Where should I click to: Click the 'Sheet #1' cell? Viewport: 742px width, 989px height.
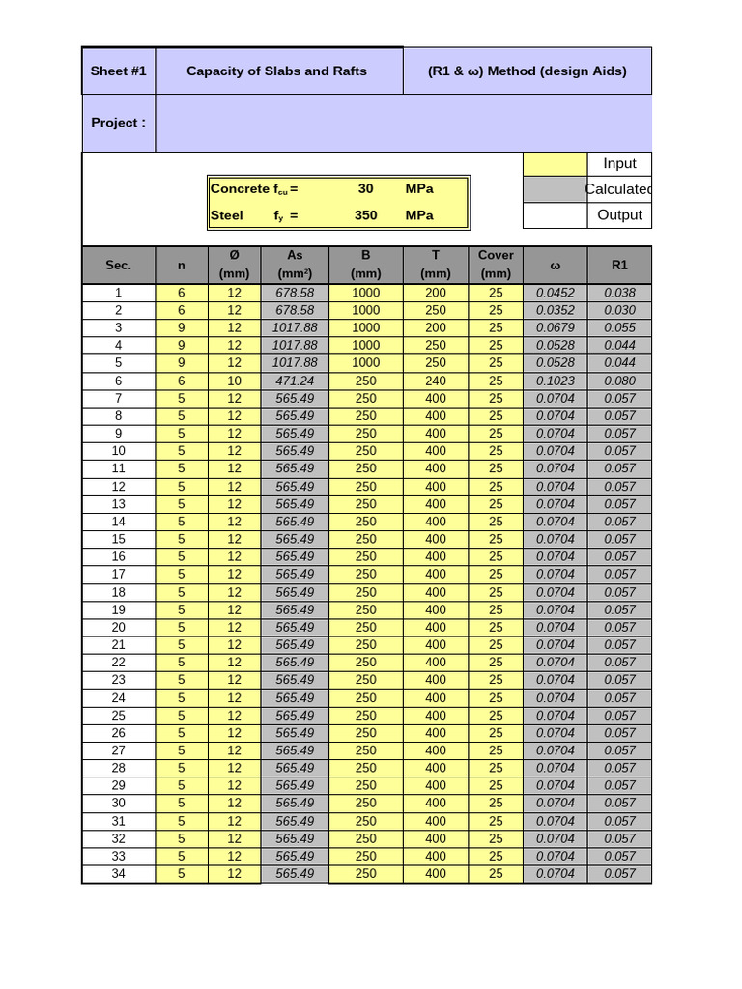click(118, 71)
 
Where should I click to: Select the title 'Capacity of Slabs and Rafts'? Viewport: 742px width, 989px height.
click(276, 71)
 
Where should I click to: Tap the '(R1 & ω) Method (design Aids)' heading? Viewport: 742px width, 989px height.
click(527, 71)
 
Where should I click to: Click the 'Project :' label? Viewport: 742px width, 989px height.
click(118, 123)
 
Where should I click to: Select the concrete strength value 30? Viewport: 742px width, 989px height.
click(365, 189)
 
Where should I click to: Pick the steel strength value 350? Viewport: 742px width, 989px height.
click(365, 215)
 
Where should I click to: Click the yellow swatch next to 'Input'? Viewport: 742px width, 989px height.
click(555, 164)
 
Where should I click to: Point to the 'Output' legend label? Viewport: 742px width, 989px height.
click(619, 215)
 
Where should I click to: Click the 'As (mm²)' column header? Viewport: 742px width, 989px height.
click(295, 265)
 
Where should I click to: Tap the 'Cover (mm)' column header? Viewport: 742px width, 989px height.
click(496, 265)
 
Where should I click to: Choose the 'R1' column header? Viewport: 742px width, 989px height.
click(619, 265)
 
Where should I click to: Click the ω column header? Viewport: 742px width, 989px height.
click(555, 265)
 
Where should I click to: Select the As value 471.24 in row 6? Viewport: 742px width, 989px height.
click(295, 381)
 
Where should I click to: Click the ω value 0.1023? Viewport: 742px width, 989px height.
click(555, 381)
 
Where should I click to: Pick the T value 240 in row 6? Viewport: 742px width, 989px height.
click(436, 381)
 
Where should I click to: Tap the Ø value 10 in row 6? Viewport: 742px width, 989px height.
click(234, 381)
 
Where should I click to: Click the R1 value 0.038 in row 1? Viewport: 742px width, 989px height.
click(619, 293)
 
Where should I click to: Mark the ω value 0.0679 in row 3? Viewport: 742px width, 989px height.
click(555, 327)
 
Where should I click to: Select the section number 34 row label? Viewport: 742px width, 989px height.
click(118, 873)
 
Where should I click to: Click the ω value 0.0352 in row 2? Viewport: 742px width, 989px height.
click(555, 310)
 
